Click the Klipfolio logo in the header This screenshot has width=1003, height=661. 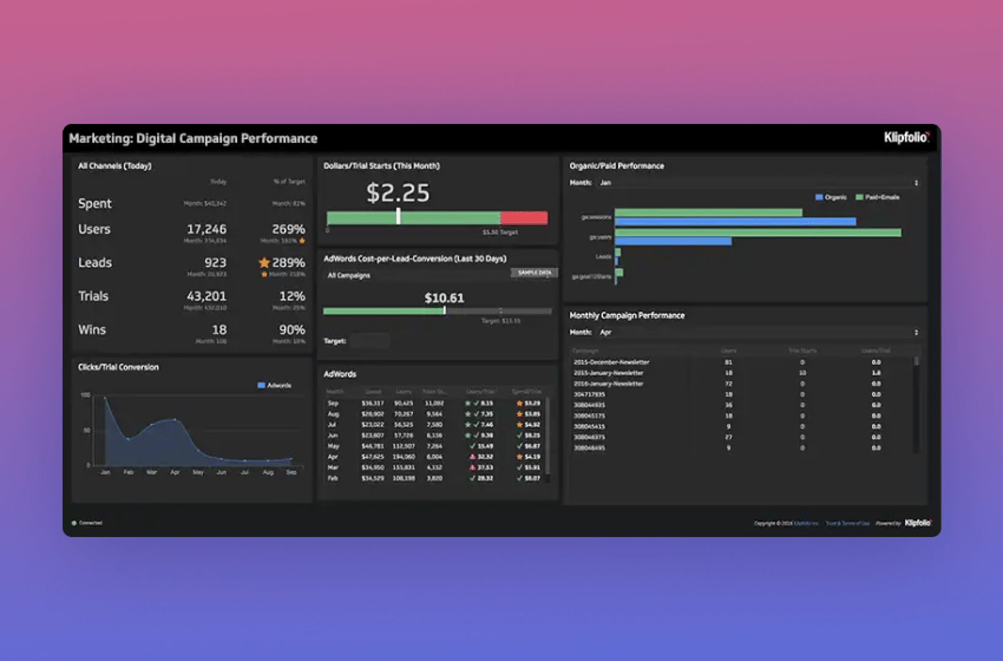[x=906, y=138]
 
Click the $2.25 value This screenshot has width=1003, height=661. [x=398, y=193]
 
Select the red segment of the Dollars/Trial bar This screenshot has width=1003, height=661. [x=524, y=218]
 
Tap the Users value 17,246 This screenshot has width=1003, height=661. [x=206, y=229]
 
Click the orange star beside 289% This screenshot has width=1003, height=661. [x=264, y=263]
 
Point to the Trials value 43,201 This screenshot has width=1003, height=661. [x=206, y=296]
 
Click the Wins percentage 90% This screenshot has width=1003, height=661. [x=292, y=330]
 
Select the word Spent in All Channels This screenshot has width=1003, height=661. [x=95, y=203]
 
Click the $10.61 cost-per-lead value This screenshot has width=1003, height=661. [x=444, y=298]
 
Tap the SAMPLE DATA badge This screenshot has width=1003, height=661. [x=534, y=273]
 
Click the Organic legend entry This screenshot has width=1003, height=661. [x=831, y=197]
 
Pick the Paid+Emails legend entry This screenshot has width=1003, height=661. [x=878, y=197]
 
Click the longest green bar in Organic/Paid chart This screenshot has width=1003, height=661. [x=758, y=233]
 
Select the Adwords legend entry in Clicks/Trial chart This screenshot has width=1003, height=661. [x=275, y=386]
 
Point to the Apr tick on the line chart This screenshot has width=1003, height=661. [x=175, y=472]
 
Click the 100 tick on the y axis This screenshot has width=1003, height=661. [x=85, y=395]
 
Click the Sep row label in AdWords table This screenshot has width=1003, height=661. [x=333, y=403]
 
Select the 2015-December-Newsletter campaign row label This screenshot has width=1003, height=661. [x=611, y=362]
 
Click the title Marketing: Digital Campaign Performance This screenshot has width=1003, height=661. [x=193, y=138]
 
